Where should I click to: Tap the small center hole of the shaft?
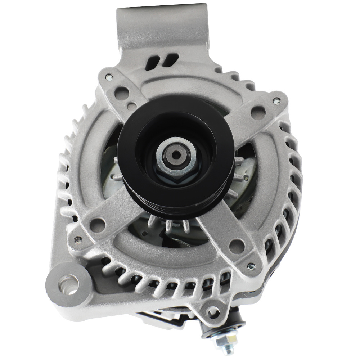176,154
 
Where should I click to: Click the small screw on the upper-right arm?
276,102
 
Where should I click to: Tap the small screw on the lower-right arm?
251,266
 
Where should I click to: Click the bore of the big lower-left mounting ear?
68,284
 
